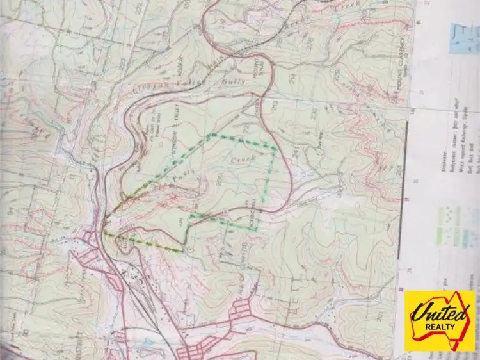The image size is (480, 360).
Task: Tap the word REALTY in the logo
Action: point(440,332)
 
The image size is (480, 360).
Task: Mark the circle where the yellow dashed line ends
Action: point(190,249)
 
